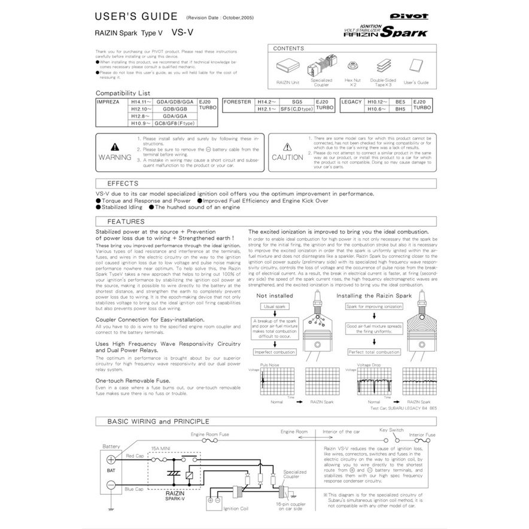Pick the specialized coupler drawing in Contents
click(x=321, y=65)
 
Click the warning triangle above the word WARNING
click(x=114, y=147)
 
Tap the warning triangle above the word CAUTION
click(x=287, y=147)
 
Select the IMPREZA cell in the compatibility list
click(x=108, y=102)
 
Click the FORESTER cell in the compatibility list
click(x=236, y=102)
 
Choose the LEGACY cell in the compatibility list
click(x=351, y=102)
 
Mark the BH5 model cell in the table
click(x=400, y=110)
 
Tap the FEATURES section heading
click(x=125, y=221)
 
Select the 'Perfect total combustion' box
click(x=373, y=352)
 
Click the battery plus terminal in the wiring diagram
click(x=111, y=460)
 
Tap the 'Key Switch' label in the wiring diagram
click(x=391, y=430)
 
